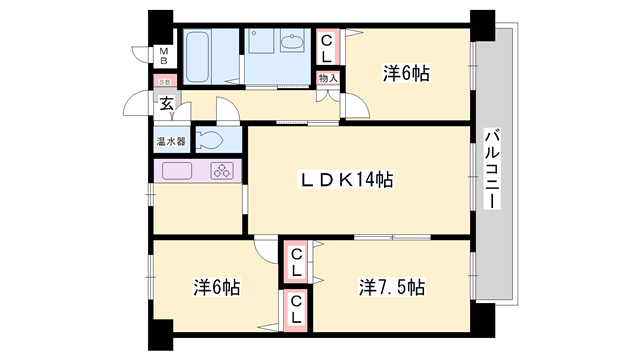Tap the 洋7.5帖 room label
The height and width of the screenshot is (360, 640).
coord(392,287)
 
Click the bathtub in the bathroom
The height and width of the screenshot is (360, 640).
coord(197,56)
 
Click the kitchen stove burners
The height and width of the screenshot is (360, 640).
coord(223,171)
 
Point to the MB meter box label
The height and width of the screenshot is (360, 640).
coord(165,55)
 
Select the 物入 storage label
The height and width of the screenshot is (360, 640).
coord(327,78)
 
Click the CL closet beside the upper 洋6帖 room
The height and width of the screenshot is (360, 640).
coord(327,44)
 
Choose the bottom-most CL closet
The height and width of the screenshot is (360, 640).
coord(297,313)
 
